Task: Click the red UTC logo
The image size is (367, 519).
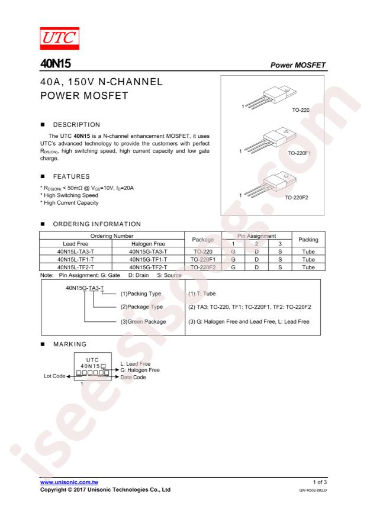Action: tap(60, 38)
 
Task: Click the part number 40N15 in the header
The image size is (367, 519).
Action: tap(56, 63)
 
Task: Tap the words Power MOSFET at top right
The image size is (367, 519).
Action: tap(298, 65)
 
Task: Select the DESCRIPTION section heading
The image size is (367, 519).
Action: tap(76, 125)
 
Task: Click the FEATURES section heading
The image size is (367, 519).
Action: tap(72, 176)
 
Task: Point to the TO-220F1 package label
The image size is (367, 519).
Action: tap(299, 153)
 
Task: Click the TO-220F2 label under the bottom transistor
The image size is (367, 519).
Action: tap(297, 198)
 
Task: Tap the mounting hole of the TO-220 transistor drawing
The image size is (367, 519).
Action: tap(287, 90)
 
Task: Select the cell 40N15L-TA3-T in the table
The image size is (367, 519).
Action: tap(75, 252)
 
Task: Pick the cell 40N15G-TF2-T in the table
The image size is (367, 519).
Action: tap(148, 267)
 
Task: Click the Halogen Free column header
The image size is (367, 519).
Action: tap(148, 244)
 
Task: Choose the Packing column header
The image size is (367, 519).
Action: tap(308, 239)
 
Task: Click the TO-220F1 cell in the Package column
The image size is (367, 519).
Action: tap(203, 259)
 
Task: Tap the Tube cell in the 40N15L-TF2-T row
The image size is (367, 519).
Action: tap(308, 267)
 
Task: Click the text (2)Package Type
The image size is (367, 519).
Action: tap(141, 307)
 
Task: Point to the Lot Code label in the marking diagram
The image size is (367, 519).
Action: tap(54, 376)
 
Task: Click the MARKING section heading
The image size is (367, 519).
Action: tap(70, 344)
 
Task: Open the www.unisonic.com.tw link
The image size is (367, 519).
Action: tap(69, 482)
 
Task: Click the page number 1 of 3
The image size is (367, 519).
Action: tap(320, 482)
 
